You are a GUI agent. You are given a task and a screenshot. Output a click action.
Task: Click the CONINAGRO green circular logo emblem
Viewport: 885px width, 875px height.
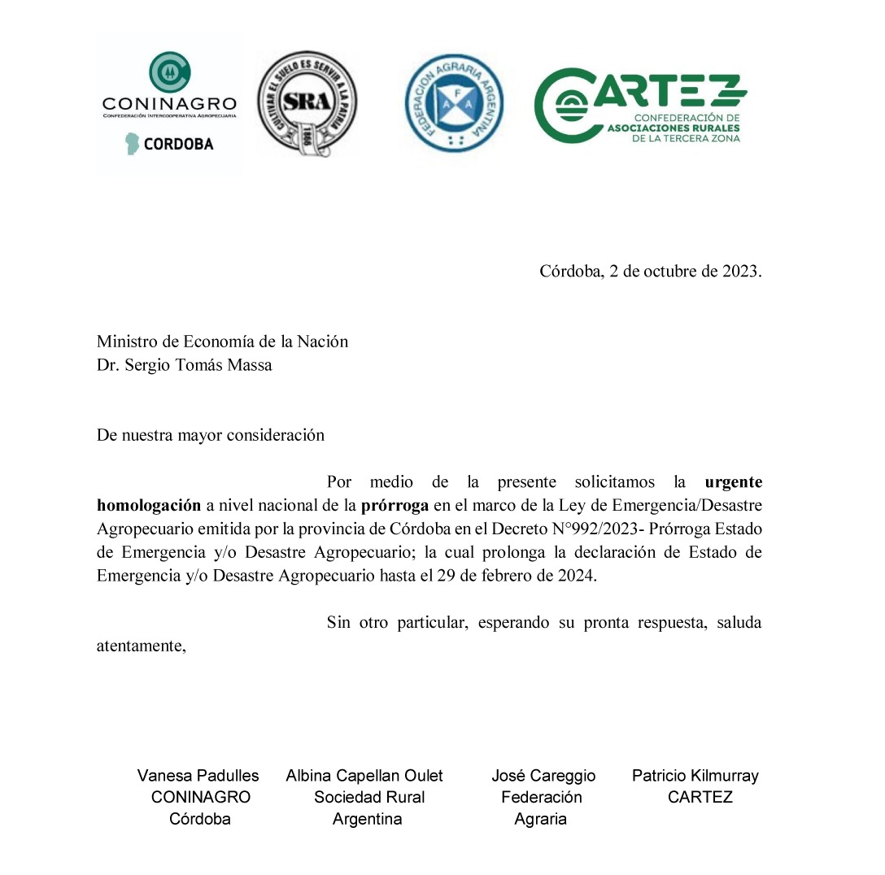pyautogui.click(x=170, y=72)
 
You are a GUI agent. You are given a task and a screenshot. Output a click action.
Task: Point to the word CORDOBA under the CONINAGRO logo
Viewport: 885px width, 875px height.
pyautogui.click(x=178, y=144)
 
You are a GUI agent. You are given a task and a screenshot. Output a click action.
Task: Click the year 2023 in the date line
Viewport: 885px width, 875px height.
pyautogui.click(x=740, y=272)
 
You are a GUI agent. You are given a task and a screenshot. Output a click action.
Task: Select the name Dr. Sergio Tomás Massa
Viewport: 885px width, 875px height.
pyautogui.click(x=185, y=364)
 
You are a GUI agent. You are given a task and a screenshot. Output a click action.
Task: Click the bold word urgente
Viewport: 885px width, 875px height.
pyautogui.click(x=733, y=481)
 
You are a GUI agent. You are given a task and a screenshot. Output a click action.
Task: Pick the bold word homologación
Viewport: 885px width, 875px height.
pyautogui.click(x=149, y=505)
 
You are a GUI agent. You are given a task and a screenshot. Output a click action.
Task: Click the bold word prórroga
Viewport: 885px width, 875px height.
pyautogui.click(x=395, y=505)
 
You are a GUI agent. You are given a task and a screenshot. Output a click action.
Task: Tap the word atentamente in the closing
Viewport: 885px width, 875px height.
pyautogui.click(x=142, y=646)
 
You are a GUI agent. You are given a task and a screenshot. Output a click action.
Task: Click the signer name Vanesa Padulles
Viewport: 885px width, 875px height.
pyautogui.click(x=198, y=776)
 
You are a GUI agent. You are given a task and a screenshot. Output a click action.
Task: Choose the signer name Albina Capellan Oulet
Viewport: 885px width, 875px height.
pyautogui.click(x=364, y=776)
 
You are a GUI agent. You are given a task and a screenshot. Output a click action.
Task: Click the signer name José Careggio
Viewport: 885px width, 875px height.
pyautogui.click(x=543, y=776)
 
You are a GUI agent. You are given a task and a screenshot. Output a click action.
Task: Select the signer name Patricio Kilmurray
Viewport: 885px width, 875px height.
pyautogui.click(x=695, y=776)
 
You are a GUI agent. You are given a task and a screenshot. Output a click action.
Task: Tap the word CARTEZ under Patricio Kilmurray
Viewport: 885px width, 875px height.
pyautogui.click(x=700, y=797)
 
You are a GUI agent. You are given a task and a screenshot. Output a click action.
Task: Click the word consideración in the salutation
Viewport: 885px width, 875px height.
pyautogui.click(x=275, y=435)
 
